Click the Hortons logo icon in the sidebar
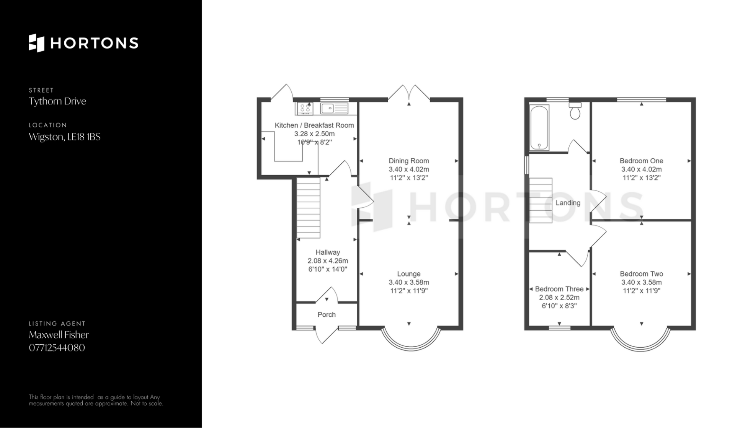(x=37, y=43)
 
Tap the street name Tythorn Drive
(x=57, y=101)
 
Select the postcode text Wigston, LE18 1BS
(x=65, y=137)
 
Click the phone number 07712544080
(x=57, y=348)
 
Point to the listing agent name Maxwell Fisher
(x=59, y=335)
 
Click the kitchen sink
(x=335, y=109)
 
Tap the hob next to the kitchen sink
(x=305, y=109)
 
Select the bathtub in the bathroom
(x=539, y=128)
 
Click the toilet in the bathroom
(x=575, y=111)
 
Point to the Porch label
(x=327, y=314)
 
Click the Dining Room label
(x=409, y=161)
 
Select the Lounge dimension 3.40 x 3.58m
(x=409, y=282)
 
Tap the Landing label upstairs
(x=568, y=203)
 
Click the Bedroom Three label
(x=559, y=289)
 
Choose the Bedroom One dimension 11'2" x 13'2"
(x=641, y=177)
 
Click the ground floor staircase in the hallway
(x=309, y=208)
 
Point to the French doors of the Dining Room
(x=409, y=93)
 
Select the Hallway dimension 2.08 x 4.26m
(x=328, y=261)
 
